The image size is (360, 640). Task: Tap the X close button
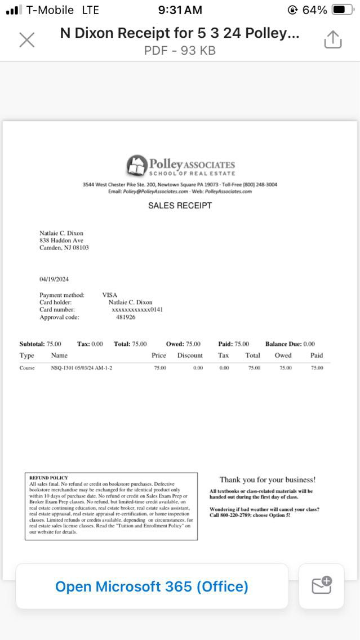pos(26,40)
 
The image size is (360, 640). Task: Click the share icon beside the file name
pos(333,39)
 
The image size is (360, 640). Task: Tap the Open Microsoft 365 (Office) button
pos(152,586)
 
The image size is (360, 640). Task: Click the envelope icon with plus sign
pos(322,586)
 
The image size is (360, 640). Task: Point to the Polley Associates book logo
pos(136,165)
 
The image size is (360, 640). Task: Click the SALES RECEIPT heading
pos(180,206)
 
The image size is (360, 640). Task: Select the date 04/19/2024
pos(54,279)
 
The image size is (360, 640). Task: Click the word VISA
pos(110,295)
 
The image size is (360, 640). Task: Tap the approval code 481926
pos(126,317)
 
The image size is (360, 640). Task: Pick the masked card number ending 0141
pos(137,309)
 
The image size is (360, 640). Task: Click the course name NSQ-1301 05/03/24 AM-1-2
pos(82,368)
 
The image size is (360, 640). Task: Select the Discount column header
pos(190,355)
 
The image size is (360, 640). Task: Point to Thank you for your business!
pos(268,480)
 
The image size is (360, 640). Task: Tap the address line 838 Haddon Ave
pos(61,240)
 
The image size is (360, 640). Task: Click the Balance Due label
pos(283,344)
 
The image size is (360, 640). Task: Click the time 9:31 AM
pos(180,10)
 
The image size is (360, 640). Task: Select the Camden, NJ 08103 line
pos(64,247)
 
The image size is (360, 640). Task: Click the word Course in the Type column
pos(27,368)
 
